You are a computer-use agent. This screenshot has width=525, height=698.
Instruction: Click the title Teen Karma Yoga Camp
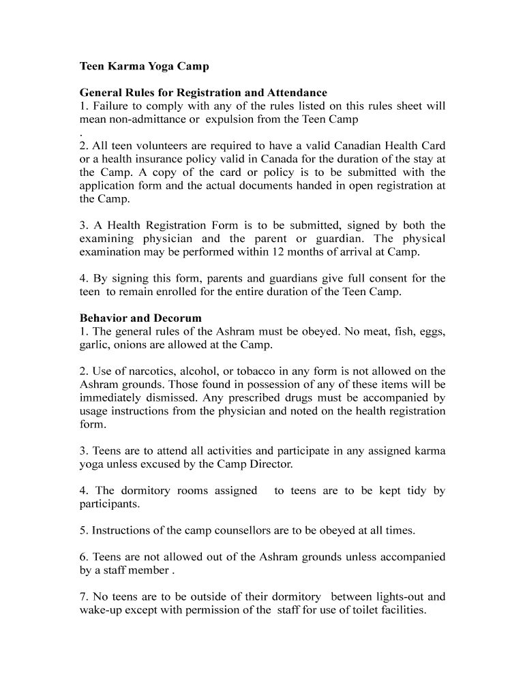(x=144, y=67)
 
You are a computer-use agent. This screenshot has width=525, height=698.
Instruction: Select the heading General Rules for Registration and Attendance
(x=203, y=93)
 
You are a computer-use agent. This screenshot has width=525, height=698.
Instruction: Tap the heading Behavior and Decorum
(x=140, y=318)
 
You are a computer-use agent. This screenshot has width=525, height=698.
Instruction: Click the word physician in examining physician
(x=168, y=239)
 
